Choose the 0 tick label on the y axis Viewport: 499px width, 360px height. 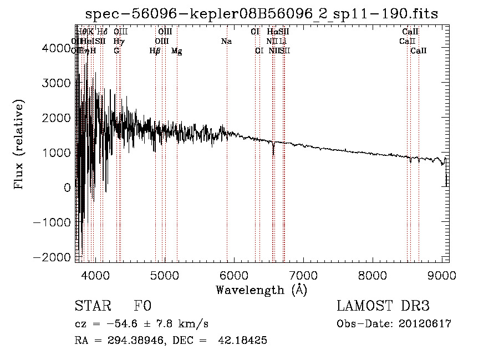pyautogui.click(x=67, y=187)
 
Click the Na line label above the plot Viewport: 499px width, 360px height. pyautogui.click(x=226, y=41)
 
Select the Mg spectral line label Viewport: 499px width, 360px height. pyautogui.click(x=176, y=50)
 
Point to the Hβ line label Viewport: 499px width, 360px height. pyautogui.click(x=155, y=50)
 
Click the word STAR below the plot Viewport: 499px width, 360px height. pyautogui.click(x=93, y=307)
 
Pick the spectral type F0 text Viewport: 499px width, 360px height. pyautogui.click(x=142, y=307)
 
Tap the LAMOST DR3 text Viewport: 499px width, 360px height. pyautogui.click(x=383, y=307)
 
